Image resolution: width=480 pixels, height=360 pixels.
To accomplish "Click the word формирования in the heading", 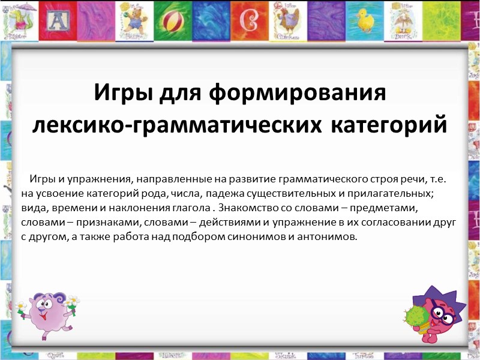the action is tap(297, 93).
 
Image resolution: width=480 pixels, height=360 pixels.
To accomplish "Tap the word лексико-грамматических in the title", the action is tap(177, 125).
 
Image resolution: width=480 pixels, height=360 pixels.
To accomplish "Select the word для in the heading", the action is tap(180, 93).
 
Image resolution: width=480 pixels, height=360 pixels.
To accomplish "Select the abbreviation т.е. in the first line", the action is tap(439, 179).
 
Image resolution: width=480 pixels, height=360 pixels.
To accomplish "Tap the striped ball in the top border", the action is tap(173, 22).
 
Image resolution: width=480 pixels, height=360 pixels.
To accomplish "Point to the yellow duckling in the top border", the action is tap(365, 20).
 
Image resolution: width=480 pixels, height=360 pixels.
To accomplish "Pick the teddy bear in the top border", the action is tap(134, 20).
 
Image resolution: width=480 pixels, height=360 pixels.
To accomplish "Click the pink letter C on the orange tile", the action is tap(249, 21).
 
